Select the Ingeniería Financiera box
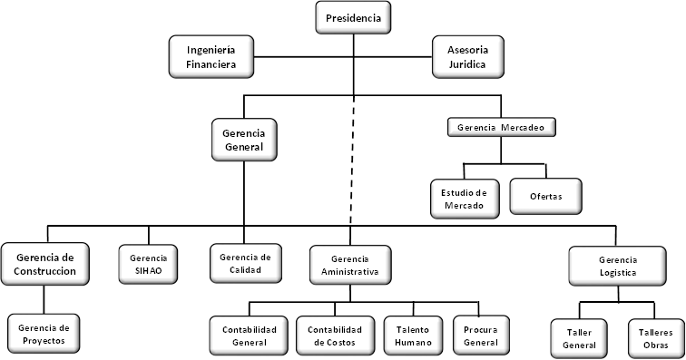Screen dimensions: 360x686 click(210, 55)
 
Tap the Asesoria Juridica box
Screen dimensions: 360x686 click(466, 55)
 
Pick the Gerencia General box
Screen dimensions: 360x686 click(243, 139)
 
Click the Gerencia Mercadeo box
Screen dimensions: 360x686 click(501, 126)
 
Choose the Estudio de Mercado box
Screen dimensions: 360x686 click(464, 198)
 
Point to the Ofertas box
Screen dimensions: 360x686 click(546, 197)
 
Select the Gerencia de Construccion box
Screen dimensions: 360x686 click(44, 263)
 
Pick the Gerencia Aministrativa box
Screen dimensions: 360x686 click(349, 264)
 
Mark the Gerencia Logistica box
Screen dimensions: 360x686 click(618, 266)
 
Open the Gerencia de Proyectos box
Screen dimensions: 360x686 click(44, 333)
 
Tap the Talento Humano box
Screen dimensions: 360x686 click(413, 335)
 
